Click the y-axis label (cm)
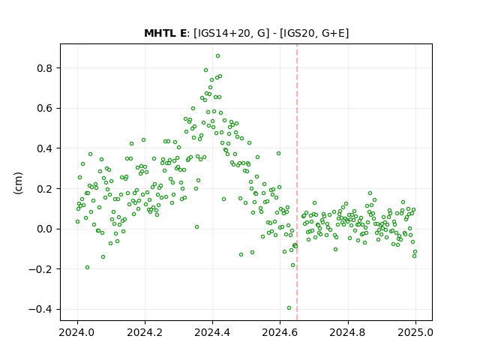tap(18, 183)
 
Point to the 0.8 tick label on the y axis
tap(45, 68)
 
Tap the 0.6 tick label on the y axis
tap(45, 108)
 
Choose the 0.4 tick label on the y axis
tap(45, 148)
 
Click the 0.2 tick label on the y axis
tap(45, 189)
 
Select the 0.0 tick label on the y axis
tap(45, 229)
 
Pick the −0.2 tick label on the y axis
tap(41, 269)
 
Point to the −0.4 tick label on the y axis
tap(41, 310)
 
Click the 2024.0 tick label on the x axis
tap(77, 332)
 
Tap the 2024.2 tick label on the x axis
tap(145, 332)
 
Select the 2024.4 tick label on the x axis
tap(212, 332)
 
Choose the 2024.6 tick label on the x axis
tap(280, 332)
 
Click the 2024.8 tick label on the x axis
tap(348, 332)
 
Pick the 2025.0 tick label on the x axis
tap(415, 332)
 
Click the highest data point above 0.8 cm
tap(218, 56)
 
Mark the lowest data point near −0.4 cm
tap(289, 308)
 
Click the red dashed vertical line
tap(297, 182)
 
